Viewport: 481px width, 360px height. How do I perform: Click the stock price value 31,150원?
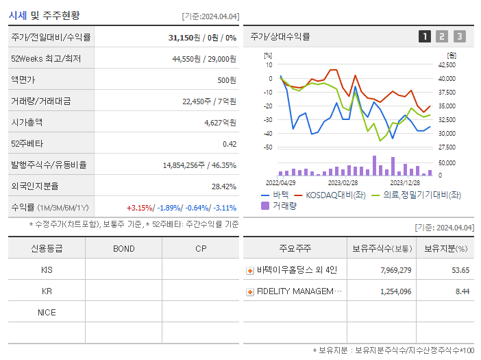coord(186,38)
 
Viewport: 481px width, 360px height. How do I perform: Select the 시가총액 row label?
coord(27,123)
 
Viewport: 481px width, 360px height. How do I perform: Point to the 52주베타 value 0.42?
coord(230,144)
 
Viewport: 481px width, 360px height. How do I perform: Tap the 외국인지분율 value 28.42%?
coord(224,187)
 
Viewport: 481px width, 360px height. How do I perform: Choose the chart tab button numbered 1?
coord(425,36)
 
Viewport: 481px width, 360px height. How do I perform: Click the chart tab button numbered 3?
coord(459,36)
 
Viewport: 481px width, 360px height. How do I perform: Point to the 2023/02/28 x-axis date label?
coord(343,183)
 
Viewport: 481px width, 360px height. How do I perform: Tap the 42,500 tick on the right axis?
coord(446,65)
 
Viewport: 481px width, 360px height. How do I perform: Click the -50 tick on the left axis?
coord(268,147)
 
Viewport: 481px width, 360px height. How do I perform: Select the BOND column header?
coord(124,248)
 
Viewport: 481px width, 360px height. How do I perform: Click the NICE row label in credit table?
coord(47,313)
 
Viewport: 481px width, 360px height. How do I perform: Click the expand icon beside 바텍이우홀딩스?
coord(250,270)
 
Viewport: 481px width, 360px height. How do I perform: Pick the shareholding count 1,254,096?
coord(395,291)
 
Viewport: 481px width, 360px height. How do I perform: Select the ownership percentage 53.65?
coord(460,270)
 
